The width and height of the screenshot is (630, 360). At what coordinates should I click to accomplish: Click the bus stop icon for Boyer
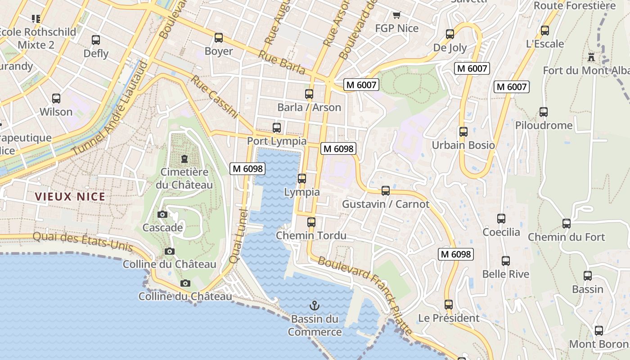tap(219, 38)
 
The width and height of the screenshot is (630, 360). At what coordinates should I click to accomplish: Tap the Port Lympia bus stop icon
tap(277, 128)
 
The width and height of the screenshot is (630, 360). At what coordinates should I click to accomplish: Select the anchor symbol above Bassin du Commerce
tap(315, 306)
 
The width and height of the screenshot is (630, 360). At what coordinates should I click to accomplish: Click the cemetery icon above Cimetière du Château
tap(184, 158)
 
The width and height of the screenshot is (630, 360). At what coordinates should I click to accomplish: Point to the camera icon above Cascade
tap(162, 214)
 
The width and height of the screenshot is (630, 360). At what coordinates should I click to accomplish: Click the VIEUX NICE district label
tap(70, 197)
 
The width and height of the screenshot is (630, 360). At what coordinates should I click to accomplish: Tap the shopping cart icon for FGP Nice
tap(396, 15)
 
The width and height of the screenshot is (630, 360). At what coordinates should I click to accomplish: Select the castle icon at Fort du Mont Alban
tap(591, 57)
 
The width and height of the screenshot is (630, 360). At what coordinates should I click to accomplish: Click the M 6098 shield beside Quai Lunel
tap(247, 169)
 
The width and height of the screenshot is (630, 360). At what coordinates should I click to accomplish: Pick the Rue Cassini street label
tap(214, 97)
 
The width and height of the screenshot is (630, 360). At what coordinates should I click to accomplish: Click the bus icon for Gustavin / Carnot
tap(386, 191)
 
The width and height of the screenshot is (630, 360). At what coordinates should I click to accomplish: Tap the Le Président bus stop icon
tap(449, 305)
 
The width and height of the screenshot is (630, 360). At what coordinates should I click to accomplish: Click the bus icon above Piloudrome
tap(544, 112)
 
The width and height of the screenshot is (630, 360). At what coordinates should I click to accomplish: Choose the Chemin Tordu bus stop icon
tap(311, 222)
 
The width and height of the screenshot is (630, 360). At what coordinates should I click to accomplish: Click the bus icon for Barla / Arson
tap(309, 94)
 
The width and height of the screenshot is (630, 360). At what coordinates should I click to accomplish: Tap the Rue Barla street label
tap(282, 63)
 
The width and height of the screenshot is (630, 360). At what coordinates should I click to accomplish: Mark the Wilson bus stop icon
tap(56, 99)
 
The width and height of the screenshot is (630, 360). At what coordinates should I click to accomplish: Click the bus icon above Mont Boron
tap(599, 331)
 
